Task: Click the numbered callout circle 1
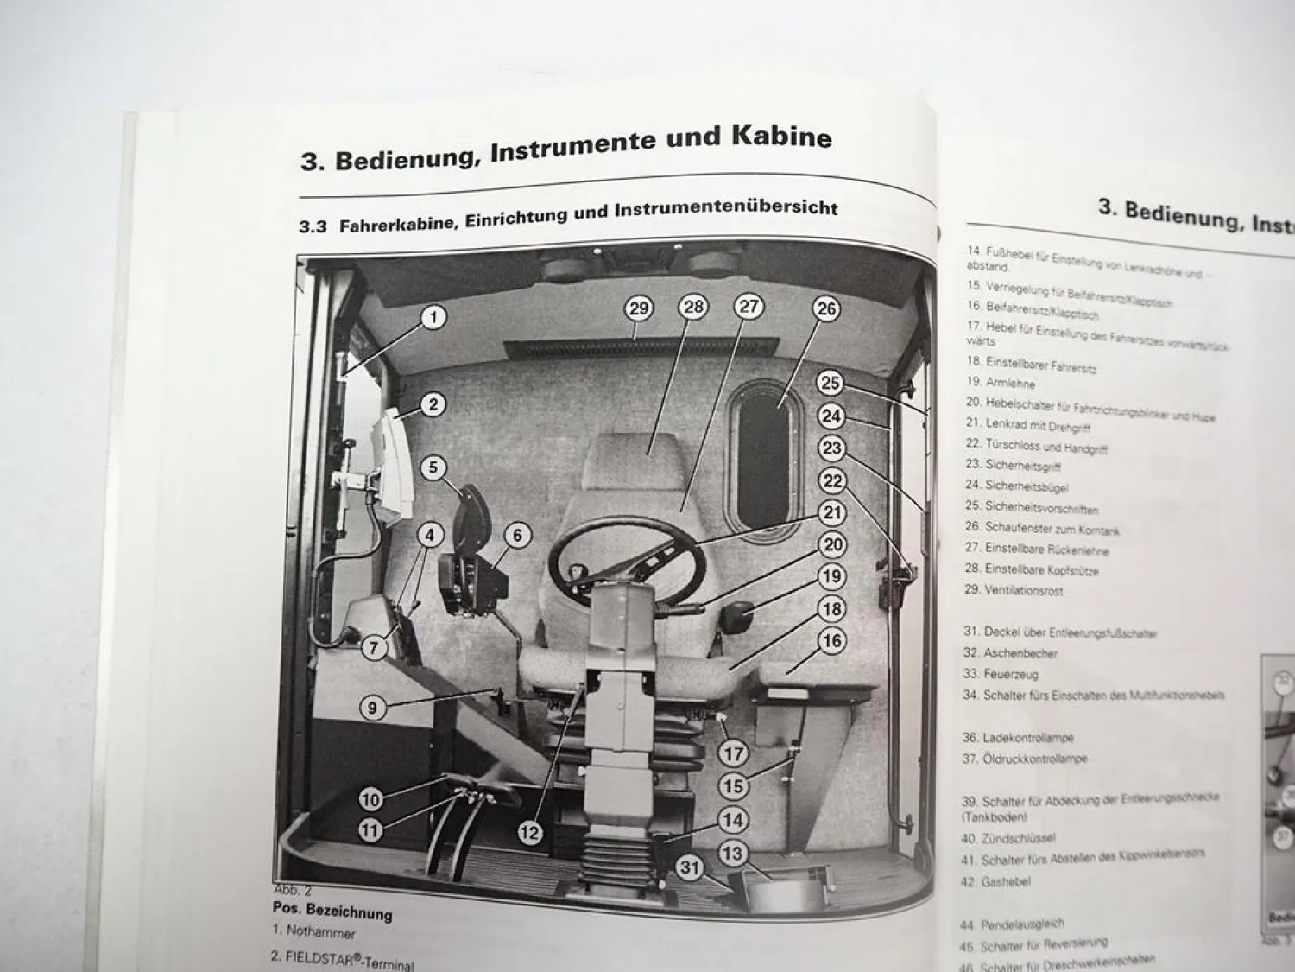click(x=433, y=317)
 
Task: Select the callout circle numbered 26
click(x=826, y=308)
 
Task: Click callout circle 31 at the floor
click(x=689, y=867)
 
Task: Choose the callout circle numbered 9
click(x=372, y=708)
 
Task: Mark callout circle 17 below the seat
click(x=733, y=753)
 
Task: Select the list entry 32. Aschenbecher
click(x=1009, y=653)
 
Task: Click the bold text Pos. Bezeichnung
click(x=332, y=911)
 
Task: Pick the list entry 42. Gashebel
click(x=995, y=882)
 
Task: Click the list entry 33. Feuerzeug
click(x=1001, y=674)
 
